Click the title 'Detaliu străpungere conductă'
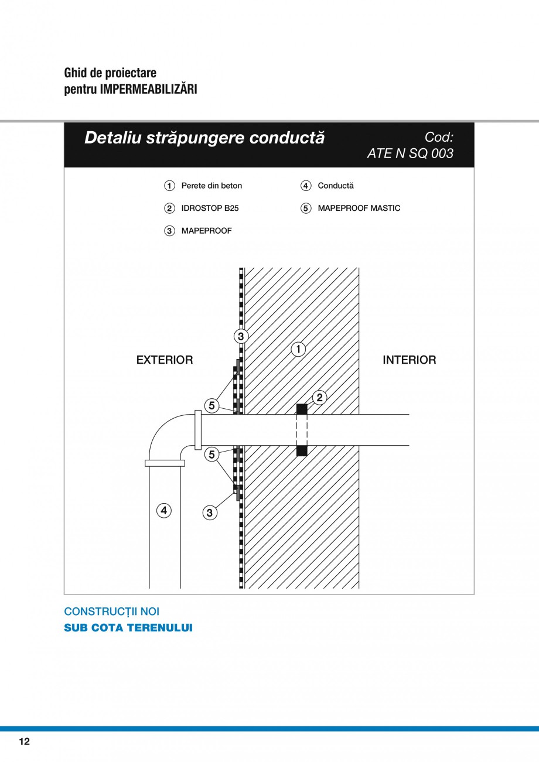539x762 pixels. click(x=204, y=138)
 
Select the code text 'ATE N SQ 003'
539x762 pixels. click(x=410, y=153)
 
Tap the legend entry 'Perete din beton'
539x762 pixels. click(x=211, y=186)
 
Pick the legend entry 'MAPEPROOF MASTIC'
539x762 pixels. click(x=359, y=208)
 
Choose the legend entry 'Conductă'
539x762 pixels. click(x=335, y=186)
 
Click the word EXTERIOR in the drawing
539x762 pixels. click(x=165, y=360)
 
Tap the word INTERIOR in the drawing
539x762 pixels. click(x=409, y=360)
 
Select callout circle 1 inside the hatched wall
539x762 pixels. click(x=298, y=350)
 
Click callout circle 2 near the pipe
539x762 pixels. click(x=319, y=398)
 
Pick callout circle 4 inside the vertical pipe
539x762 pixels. click(x=164, y=511)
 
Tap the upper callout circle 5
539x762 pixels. click(x=211, y=405)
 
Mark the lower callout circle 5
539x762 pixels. click(x=211, y=454)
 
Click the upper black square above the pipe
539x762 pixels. click(x=301, y=409)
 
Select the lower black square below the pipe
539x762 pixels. click(x=301, y=451)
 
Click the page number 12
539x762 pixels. click(x=24, y=742)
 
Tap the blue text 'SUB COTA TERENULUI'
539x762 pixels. click(x=128, y=628)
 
